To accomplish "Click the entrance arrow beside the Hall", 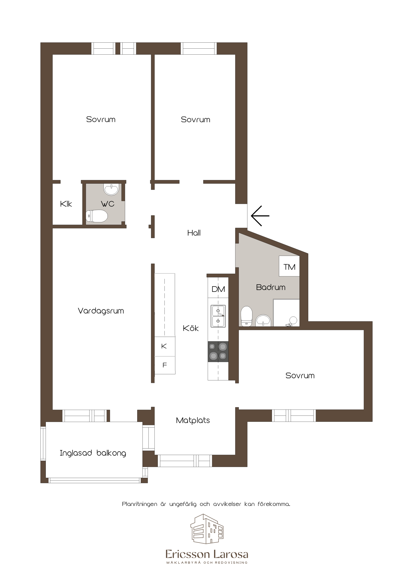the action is click(260, 216).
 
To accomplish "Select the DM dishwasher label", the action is click(218, 289).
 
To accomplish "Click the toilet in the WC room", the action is click(97, 216).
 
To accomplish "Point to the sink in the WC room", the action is click(111, 189).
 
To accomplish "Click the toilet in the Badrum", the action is click(246, 316).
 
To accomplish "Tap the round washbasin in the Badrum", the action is click(263, 320).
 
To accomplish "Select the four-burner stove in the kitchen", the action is click(218, 352).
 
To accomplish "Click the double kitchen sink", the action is click(218, 316).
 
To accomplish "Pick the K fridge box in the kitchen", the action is click(165, 346).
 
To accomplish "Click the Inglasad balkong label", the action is click(93, 453).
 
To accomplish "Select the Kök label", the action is click(191, 328).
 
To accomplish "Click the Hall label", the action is click(194, 233).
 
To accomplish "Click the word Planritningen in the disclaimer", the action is click(139, 504).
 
